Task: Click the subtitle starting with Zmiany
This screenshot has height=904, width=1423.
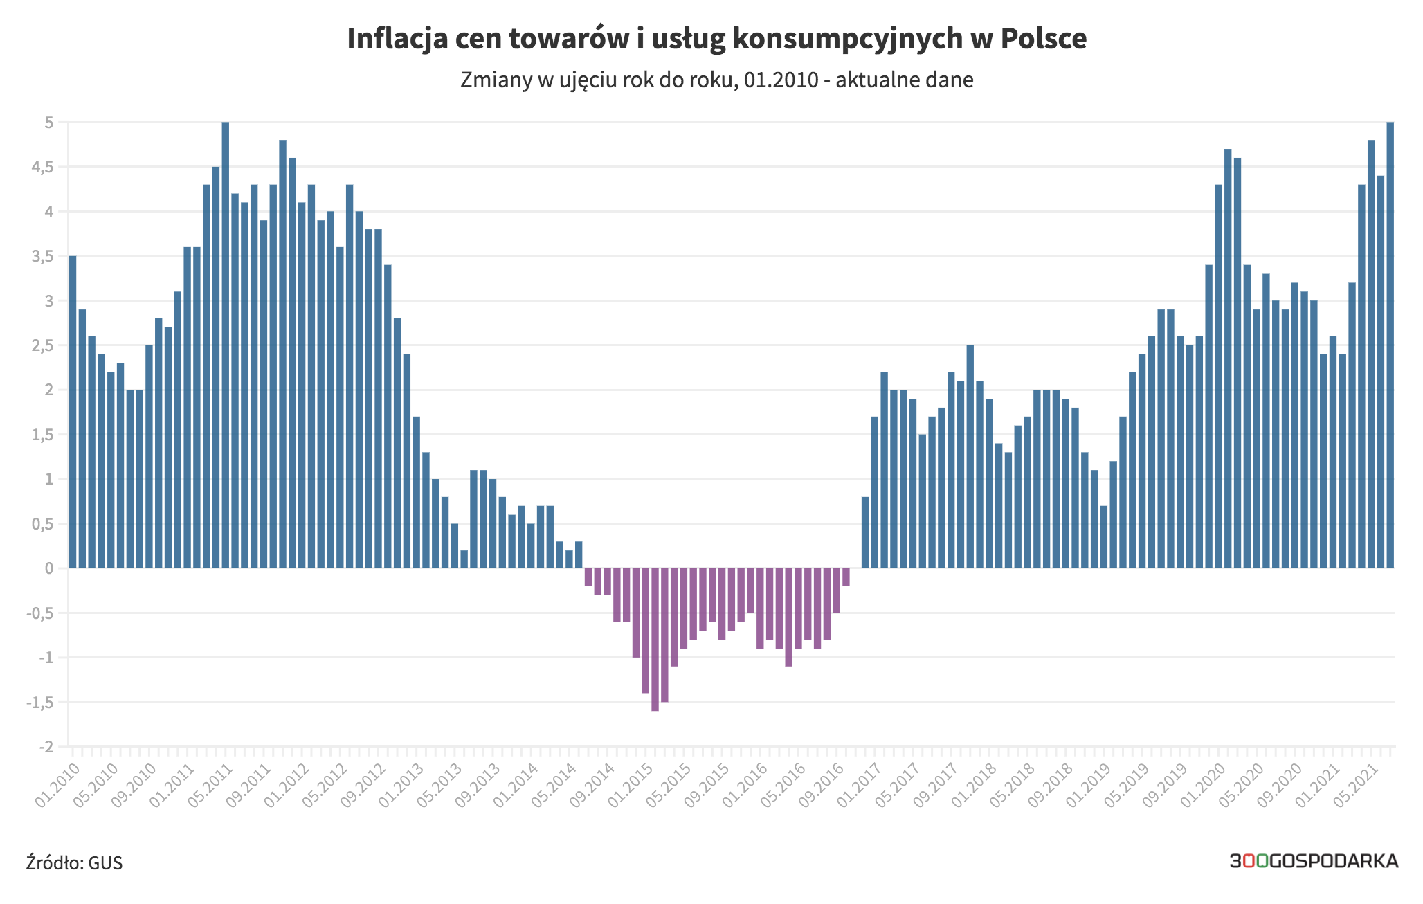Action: click(x=717, y=80)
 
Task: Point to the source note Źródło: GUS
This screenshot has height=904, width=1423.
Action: click(x=74, y=862)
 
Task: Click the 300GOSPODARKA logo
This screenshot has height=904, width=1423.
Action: click(x=1314, y=861)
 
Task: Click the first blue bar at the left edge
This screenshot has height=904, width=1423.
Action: click(x=73, y=412)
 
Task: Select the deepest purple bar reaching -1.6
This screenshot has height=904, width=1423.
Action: click(x=655, y=640)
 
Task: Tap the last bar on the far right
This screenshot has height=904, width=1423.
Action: click(x=1390, y=345)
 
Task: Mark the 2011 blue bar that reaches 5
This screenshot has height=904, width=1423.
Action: click(x=226, y=345)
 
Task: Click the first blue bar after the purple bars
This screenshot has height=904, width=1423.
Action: click(x=865, y=532)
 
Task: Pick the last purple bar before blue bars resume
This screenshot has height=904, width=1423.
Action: click(x=846, y=577)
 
